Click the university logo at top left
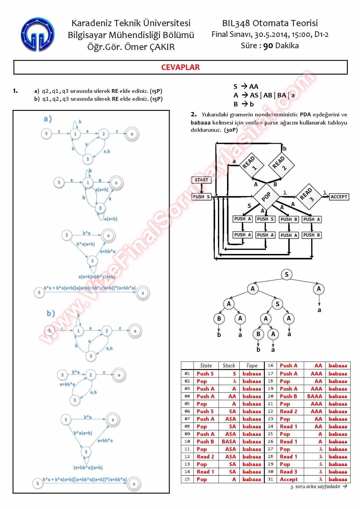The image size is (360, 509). click(38, 34)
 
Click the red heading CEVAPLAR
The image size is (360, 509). click(180, 67)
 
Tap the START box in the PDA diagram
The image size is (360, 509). click(201, 180)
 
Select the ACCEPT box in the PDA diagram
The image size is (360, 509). click(339, 197)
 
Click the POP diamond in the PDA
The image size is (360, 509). click(266, 197)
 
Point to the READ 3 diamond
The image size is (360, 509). click(308, 196)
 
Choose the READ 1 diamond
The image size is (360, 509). click(251, 165)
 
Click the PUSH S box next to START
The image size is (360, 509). click(201, 197)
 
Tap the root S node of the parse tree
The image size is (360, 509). click(287, 275)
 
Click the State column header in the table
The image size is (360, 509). click(206, 366)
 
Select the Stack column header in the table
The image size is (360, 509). click(229, 366)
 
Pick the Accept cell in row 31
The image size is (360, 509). click(289, 479)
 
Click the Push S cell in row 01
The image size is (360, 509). click(205, 374)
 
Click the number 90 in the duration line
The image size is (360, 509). click(268, 46)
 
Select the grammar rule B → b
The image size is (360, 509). click(244, 104)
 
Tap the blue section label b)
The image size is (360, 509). click(51, 313)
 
